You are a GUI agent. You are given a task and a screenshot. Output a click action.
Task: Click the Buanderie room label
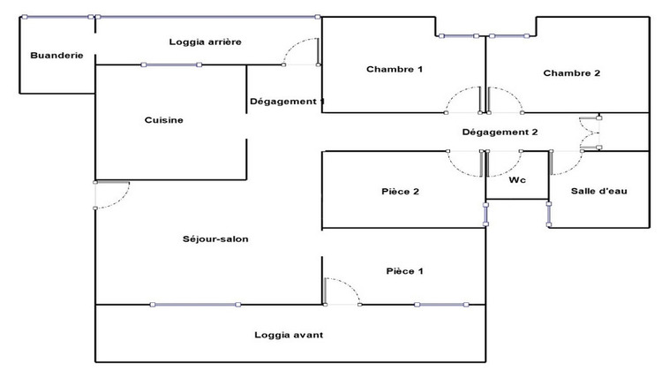(56, 56)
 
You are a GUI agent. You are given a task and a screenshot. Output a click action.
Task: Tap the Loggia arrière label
(205, 42)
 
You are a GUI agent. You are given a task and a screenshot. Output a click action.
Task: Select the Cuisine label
(164, 120)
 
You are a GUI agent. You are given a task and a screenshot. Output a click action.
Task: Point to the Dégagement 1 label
(287, 102)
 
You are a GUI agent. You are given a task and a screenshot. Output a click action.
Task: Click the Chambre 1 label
(395, 70)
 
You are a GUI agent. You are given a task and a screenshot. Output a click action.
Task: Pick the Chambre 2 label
(571, 73)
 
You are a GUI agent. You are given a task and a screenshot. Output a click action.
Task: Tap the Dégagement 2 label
(500, 132)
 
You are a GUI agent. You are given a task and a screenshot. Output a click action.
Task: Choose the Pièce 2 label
(400, 191)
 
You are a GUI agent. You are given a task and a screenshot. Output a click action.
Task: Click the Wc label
(518, 180)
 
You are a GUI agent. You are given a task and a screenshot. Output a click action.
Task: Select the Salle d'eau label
(598, 191)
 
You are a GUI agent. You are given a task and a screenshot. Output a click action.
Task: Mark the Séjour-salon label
(214, 238)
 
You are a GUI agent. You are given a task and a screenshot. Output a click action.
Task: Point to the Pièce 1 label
(404, 271)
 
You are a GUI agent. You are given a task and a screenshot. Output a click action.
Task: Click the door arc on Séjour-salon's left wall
(112, 194)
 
